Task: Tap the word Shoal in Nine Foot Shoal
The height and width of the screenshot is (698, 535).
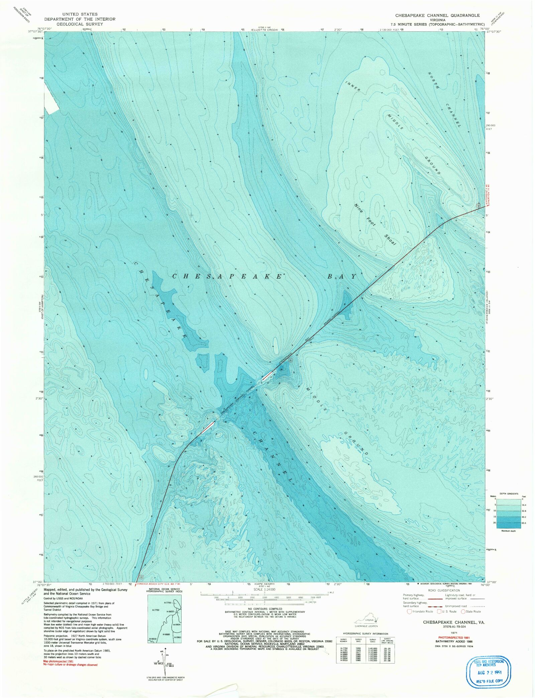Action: (390, 240)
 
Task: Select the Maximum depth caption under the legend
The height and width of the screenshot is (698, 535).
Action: (508, 531)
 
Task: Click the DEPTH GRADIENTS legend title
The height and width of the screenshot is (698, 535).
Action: (509, 494)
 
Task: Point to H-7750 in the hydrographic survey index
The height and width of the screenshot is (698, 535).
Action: (156, 610)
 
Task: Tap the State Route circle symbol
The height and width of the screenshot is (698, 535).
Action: (463, 611)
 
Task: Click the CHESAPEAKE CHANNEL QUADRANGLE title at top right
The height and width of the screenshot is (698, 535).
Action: (437, 15)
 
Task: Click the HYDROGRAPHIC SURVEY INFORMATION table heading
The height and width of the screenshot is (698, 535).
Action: (365, 633)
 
